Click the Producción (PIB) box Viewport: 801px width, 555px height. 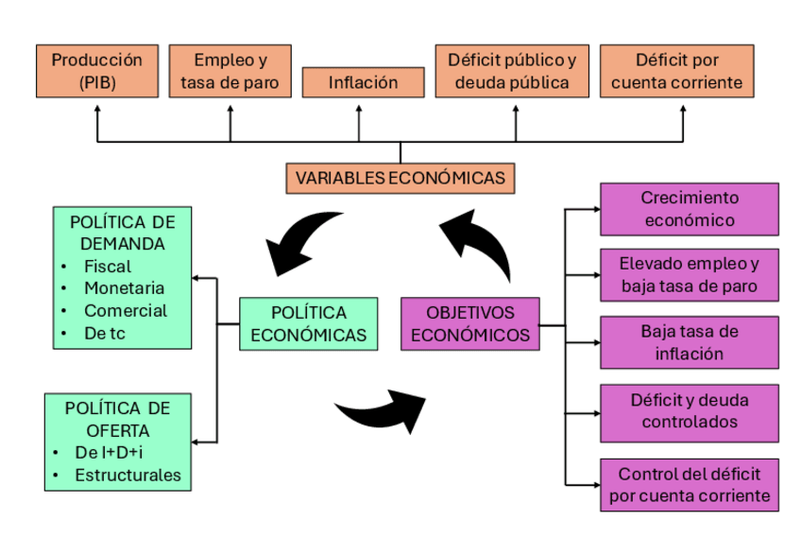point(97,71)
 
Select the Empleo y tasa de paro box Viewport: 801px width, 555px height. point(230,71)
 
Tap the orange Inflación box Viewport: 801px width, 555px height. point(363,82)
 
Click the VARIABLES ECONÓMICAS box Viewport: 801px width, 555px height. point(400,178)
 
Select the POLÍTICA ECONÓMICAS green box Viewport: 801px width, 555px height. point(309,323)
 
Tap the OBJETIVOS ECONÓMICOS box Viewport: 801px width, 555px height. point(470,323)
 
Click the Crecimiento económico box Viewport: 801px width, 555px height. point(689,209)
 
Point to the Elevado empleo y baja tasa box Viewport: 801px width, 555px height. point(689,274)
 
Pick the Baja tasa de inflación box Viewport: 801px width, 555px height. point(689,342)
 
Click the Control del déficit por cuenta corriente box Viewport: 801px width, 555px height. point(689,484)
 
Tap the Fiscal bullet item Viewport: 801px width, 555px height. point(108,266)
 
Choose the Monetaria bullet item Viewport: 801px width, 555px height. point(124,287)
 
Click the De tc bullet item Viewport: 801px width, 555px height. point(105,332)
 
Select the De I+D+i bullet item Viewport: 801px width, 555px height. point(114,452)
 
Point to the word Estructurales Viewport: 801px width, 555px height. point(128,475)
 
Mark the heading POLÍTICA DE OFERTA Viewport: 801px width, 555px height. point(118,419)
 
